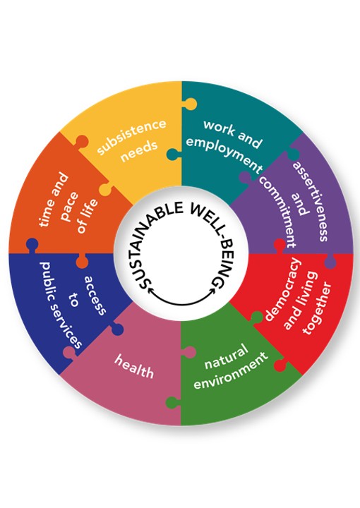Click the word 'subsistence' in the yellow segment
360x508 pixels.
tap(131, 136)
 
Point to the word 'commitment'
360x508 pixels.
tap(277, 211)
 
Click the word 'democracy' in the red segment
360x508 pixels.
tap(282, 289)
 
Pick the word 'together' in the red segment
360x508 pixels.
tap(318, 308)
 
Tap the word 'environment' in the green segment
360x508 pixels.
tap(231, 370)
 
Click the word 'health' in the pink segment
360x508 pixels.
tap(134, 366)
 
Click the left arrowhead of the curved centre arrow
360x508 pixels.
tap(150, 291)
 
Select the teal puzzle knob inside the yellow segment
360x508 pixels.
tap(174, 155)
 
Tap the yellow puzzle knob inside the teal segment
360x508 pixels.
tap(190, 103)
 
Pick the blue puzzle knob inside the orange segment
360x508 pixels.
tap(32, 245)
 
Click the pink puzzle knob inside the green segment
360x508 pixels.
tap(189, 352)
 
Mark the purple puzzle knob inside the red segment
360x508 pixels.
tap(330, 262)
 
